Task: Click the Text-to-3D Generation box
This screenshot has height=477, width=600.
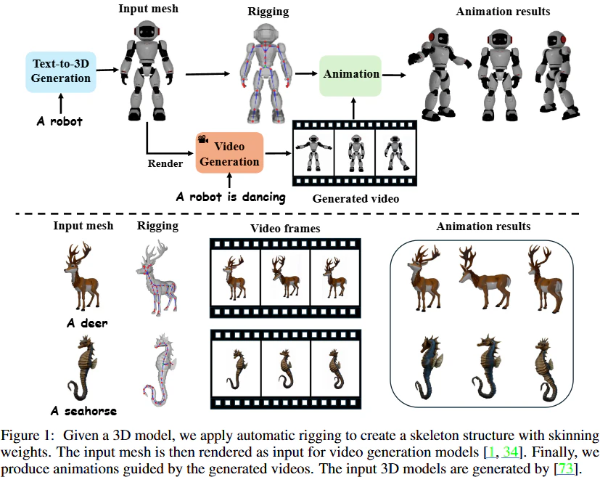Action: click(61, 72)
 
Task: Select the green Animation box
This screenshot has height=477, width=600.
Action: click(350, 76)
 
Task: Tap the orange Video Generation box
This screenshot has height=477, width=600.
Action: click(229, 152)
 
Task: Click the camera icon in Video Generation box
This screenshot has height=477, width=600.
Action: click(203, 139)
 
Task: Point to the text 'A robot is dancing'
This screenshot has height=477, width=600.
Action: click(231, 197)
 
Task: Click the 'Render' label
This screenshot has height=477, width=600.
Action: click(165, 163)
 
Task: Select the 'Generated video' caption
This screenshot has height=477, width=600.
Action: click(356, 199)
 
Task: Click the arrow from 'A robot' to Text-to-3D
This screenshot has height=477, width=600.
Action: click(60, 103)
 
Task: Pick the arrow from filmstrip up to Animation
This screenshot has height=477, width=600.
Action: click(353, 109)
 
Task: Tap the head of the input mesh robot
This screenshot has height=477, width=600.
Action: click(147, 30)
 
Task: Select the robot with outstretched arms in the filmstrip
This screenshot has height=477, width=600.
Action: click(313, 152)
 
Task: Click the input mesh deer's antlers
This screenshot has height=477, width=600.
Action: click(80, 253)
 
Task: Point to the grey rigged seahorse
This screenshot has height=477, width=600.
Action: click(161, 370)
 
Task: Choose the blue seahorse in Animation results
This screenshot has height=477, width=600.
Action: click(428, 367)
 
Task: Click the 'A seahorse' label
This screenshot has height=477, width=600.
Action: click(84, 411)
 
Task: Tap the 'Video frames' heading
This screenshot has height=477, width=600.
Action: click(285, 229)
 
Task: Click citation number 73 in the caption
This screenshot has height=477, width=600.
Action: click(566, 468)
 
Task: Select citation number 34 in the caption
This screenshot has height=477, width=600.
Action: click(510, 452)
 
